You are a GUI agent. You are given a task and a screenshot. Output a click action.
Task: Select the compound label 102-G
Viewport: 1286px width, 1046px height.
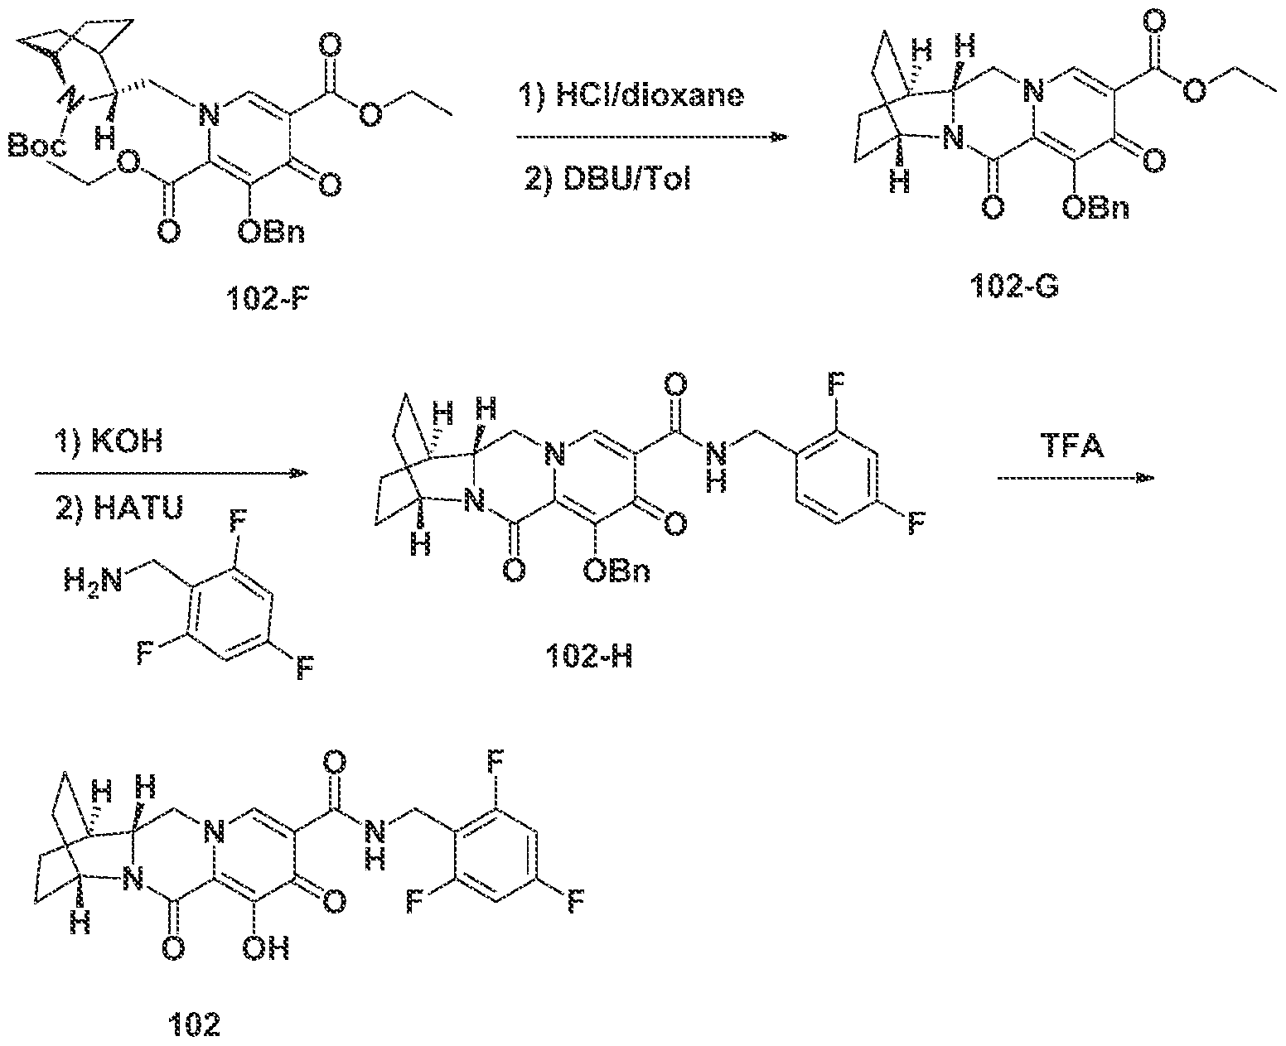click(x=1014, y=286)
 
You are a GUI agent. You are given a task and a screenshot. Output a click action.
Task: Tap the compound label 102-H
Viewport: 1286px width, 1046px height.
click(x=589, y=656)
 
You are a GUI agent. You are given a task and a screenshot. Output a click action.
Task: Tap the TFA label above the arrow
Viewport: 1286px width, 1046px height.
click(x=1071, y=446)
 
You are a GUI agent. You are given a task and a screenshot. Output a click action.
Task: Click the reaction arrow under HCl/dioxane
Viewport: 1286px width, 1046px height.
click(x=651, y=137)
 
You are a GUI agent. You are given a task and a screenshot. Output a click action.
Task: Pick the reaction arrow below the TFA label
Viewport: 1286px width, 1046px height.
click(x=1075, y=479)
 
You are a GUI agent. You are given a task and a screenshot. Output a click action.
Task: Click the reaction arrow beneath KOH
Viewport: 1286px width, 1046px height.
click(x=172, y=475)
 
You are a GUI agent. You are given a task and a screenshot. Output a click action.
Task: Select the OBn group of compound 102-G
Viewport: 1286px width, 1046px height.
click(x=1095, y=208)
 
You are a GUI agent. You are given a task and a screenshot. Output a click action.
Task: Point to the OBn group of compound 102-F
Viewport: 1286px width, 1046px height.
click(x=271, y=232)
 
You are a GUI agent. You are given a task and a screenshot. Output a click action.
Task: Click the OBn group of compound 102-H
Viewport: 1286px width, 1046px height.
click(x=617, y=571)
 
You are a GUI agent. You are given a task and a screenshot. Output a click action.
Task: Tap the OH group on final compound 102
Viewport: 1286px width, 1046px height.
click(x=266, y=948)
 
